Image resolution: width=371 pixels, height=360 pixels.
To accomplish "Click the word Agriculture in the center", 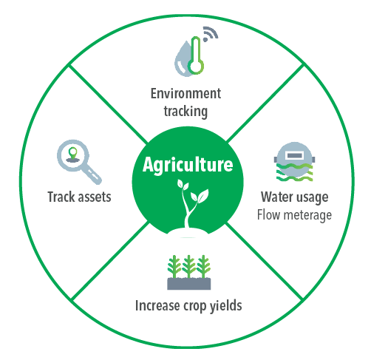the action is [188, 165].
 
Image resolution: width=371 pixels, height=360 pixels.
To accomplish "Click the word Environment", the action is [185, 93].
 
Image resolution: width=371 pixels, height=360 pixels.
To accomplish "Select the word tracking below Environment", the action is [185, 112].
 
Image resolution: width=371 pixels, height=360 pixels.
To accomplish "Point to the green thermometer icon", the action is [196, 55].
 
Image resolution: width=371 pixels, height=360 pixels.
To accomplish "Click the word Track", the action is [61, 197].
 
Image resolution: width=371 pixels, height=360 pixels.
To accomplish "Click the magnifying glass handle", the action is [93, 175].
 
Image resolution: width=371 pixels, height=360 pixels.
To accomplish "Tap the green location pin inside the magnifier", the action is [73, 153].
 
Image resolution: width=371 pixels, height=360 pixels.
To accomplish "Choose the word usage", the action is [312, 198].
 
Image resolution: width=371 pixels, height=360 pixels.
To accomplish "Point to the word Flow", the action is [269, 215].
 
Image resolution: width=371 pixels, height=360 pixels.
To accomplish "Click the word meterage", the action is [307, 216].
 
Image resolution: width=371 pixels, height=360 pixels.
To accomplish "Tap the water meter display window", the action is [294, 155].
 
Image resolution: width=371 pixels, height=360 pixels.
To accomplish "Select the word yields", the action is [226, 306].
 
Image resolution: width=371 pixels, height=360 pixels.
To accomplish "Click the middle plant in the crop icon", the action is [189, 267].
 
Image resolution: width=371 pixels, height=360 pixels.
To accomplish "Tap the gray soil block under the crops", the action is [189, 284].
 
